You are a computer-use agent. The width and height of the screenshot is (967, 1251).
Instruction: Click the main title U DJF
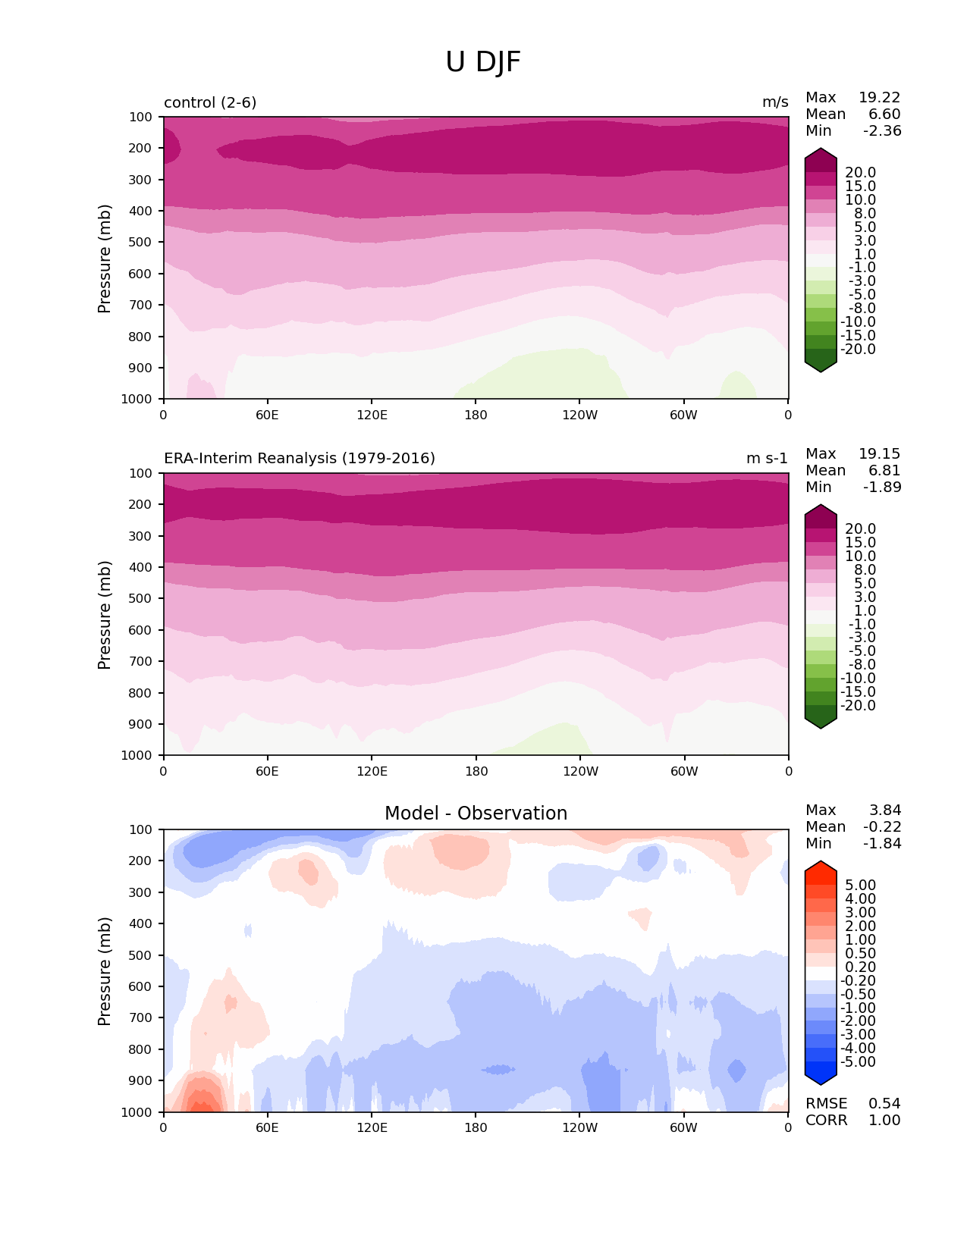pyautogui.click(x=483, y=62)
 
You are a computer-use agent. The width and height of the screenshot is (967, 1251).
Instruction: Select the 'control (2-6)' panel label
pyautogui.click(x=210, y=102)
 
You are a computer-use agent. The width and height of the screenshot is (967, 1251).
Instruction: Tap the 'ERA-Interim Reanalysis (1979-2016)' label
pyautogui.click(x=300, y=459)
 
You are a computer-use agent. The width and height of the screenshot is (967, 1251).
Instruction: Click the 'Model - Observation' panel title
pyautogui.click(x=476, y=814)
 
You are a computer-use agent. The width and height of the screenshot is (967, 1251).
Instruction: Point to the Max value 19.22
pyautogui.click(x=879, y=98)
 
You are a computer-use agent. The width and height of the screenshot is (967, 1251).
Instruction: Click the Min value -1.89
pyautogui.click(x=882, y=488)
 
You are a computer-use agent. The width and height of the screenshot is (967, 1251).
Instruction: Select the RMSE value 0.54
pyautogui.click(x=884, y=1104)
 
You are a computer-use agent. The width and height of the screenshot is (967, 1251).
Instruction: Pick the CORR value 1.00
pyautogui.click(x=884, y=1121)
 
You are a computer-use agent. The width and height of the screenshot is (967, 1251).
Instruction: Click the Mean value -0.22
pyautogui.click(x=882, y=827)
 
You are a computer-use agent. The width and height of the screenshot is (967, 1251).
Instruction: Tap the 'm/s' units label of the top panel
pyautogui.click(x=775, y=102)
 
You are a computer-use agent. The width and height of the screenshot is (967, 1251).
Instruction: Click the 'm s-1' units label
pyautogui.click(x=767, y=459)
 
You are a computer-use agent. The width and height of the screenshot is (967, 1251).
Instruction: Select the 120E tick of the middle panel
pyautogui.click(x=372, y=771)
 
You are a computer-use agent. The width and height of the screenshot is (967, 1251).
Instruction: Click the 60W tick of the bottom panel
pyautogui.click(x=683, y=1128)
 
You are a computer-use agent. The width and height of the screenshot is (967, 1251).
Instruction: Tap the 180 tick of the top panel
pyautogui.click(x=476, y=415)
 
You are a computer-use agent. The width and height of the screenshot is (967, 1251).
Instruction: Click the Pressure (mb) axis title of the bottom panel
pyautogui.click(x=105, y=971)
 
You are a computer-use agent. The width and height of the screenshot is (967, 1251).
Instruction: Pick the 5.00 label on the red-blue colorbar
pyautogui.click(x=861, y=886)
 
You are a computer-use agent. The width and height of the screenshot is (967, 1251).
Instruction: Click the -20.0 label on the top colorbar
pyautogui.click(x=859, y=350)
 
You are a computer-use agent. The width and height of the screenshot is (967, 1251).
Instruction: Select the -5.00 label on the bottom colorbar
pyautogui.click(x=859, y=1062)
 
